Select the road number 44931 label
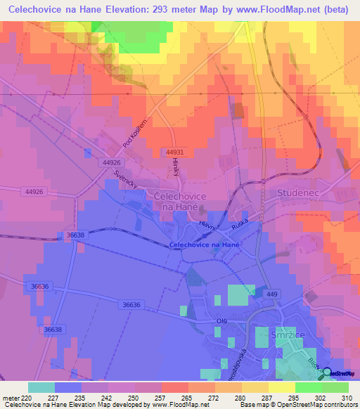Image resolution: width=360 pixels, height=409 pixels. coord(176,152)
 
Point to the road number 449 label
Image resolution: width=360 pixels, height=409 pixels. coord(272,294)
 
